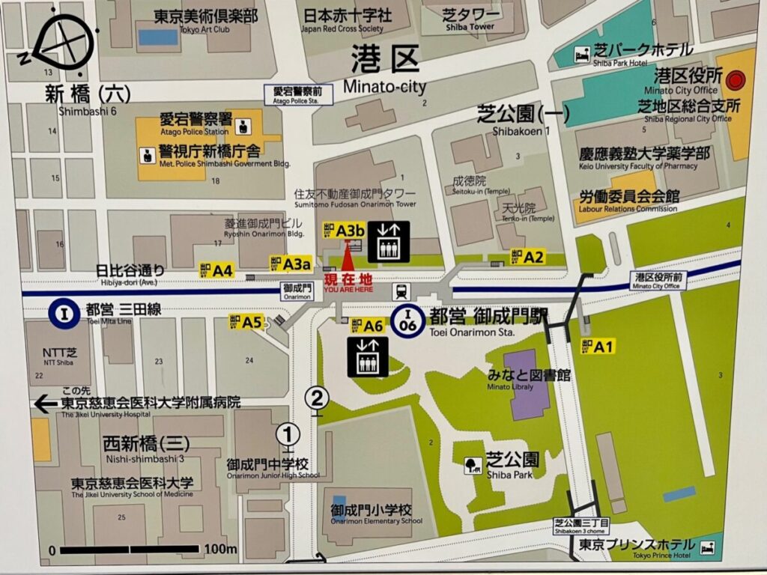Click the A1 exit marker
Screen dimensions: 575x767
click(x=598, y=347)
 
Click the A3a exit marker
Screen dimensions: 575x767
click(x=290, y=263)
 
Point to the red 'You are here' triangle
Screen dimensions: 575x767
click(x=346, y=259)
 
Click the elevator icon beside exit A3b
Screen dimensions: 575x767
click(x=387, y=241)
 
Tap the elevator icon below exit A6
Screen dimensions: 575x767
click(x=368, y=356)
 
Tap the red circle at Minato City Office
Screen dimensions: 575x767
click(x=736, y=77)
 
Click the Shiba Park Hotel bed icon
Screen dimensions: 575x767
click(x=581, y=53)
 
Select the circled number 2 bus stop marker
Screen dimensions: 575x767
click(x=318, y=397)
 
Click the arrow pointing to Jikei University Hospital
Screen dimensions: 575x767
click(x=46, y=404)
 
